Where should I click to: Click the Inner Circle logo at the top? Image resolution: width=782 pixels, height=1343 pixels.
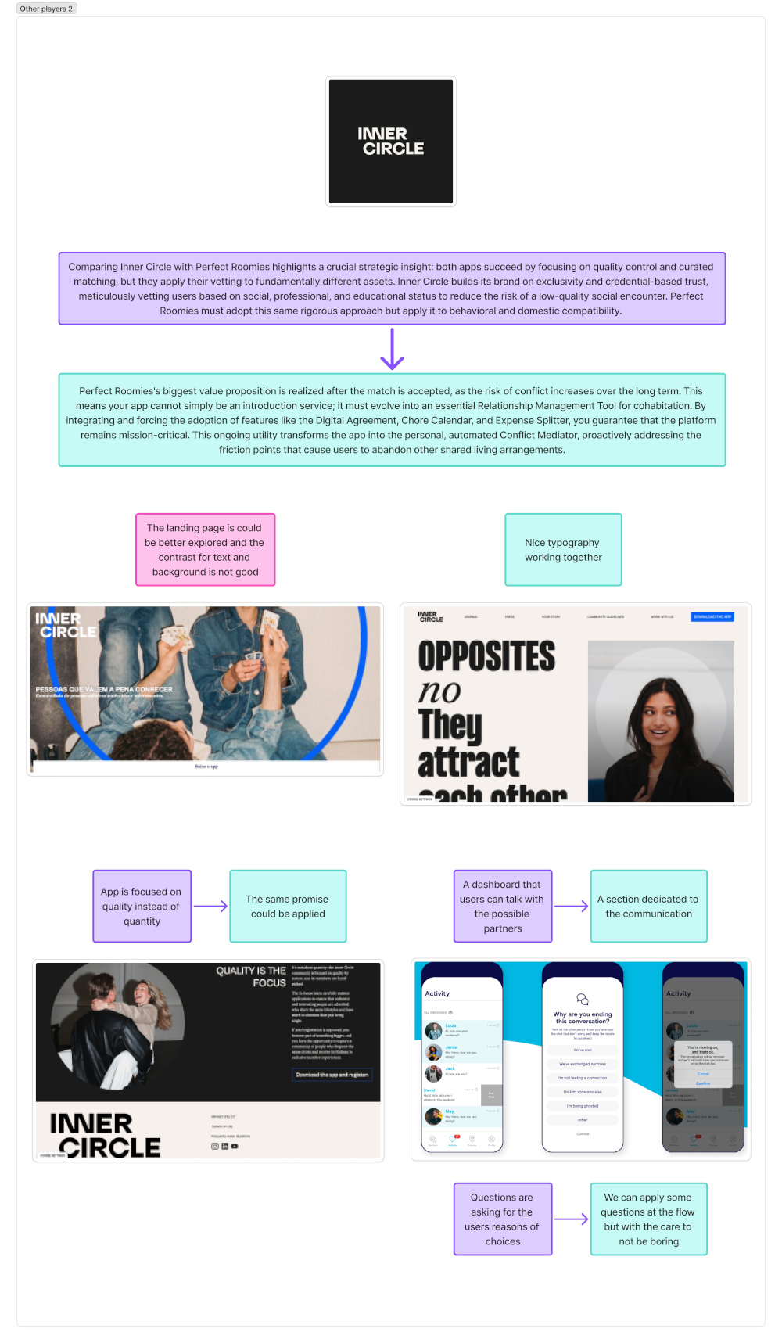391,142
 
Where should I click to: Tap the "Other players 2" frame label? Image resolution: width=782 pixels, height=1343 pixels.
46,9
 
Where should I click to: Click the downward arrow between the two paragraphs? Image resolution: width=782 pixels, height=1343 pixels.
392,349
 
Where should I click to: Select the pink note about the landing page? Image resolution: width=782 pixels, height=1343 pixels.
205,549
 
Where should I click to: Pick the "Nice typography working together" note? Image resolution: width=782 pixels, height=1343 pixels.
563,549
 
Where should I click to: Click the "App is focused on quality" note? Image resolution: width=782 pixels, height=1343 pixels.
142,906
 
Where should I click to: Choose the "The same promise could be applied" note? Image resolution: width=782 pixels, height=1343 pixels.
288,906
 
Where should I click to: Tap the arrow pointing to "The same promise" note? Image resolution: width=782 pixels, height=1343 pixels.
210,906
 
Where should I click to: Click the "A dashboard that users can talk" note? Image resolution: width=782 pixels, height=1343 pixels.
503,906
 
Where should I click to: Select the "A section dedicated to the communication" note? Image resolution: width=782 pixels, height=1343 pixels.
648,906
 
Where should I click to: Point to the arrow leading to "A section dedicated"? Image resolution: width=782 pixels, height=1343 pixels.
572,906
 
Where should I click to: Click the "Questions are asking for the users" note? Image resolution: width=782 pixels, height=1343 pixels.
503,1219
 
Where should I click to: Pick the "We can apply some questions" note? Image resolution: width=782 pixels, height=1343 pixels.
648,1219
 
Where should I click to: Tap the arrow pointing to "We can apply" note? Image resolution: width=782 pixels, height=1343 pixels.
572,1219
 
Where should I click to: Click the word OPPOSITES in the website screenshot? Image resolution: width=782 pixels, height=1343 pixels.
486,656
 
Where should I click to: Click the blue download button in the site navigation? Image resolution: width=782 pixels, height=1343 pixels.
712,616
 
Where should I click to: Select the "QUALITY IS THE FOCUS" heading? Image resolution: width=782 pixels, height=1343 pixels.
252,976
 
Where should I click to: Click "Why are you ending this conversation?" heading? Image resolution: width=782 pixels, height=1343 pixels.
583,1017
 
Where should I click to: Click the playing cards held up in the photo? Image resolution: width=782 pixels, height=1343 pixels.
270,620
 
